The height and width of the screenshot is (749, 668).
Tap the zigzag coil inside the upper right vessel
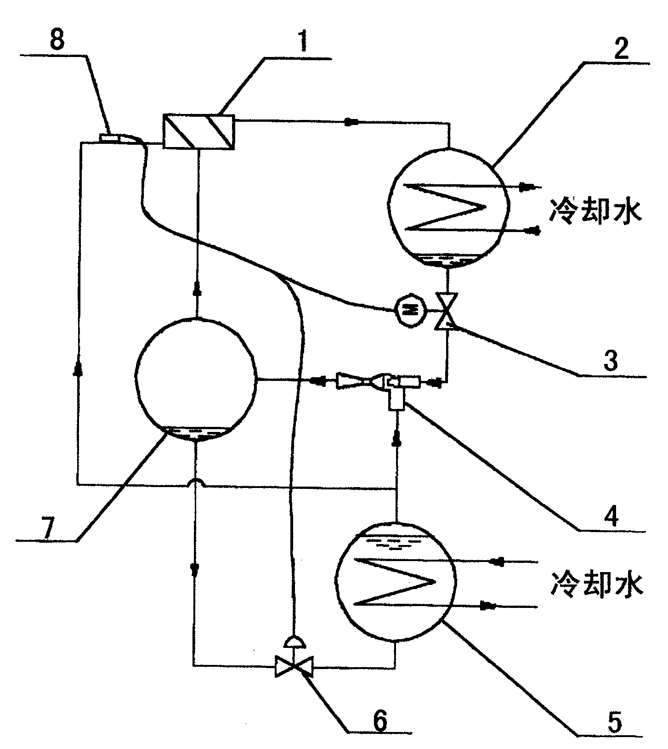pos(446,207)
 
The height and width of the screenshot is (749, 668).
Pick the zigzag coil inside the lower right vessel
pos(395,582)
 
